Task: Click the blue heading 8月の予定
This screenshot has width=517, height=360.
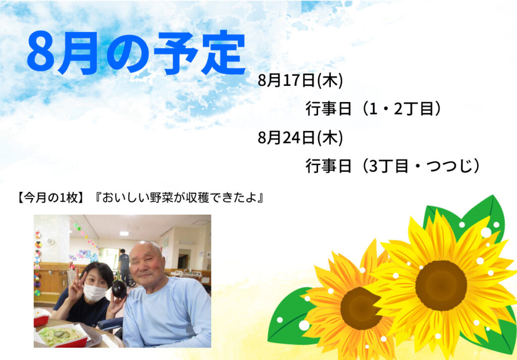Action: [136, 53]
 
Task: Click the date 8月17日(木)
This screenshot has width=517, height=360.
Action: [300, 80]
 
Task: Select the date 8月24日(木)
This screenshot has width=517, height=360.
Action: [300, 137]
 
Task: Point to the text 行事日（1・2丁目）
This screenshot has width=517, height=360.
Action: [373, 109]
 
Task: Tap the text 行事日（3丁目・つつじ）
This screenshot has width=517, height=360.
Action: [392, 166]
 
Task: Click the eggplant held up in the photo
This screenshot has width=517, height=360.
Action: [119, 289]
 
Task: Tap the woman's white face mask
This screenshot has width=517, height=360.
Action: [94, 293]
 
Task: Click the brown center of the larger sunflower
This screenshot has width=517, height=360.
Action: [441, 285]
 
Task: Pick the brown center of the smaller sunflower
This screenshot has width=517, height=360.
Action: [360, 308]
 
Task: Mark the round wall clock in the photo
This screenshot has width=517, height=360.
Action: [50, 242]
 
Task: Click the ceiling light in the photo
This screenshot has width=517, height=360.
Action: [124, 234]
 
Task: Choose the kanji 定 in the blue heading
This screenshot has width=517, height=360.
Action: [223, 53]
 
